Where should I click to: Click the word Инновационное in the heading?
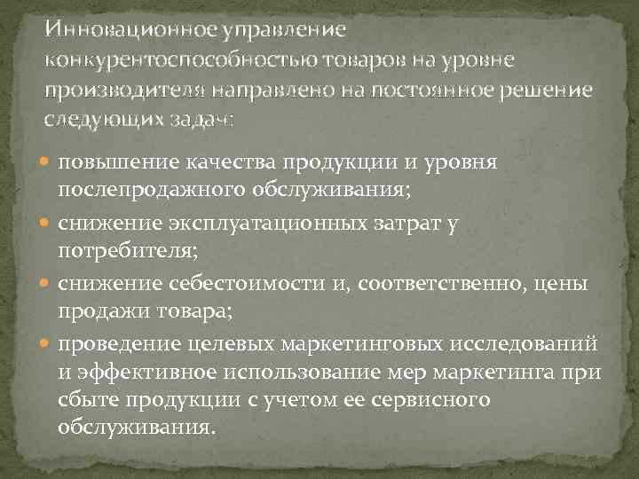point(123,29)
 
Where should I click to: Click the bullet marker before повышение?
point(48,162)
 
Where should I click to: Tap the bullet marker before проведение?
point(48,343)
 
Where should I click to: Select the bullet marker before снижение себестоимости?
point(48,283)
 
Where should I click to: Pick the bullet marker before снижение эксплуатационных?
point(48,223)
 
